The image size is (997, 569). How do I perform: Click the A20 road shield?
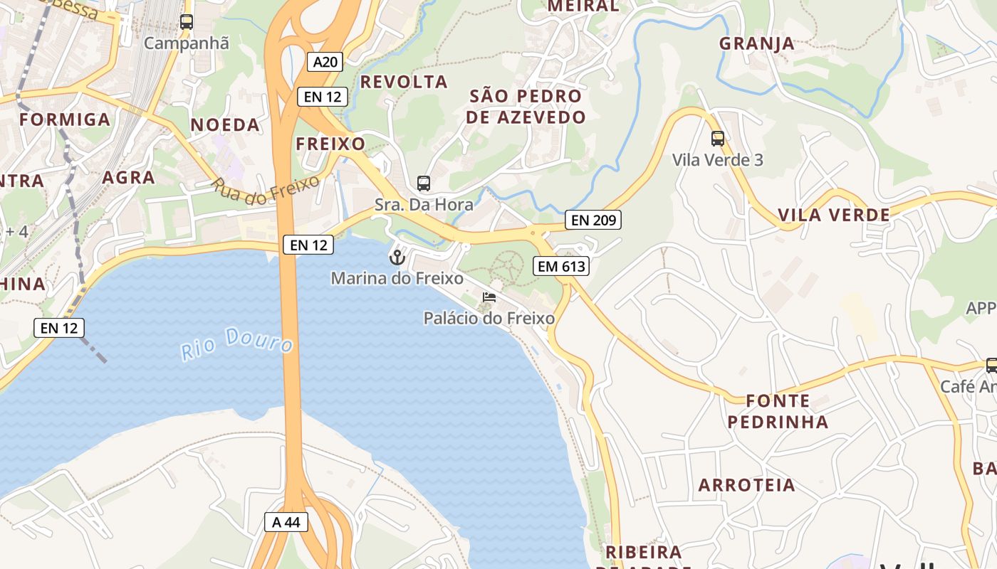pos(325,62)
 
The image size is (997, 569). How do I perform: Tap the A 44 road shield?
pos(286,521)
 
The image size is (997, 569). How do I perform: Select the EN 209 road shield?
pos(593,220)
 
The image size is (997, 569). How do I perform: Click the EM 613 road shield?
pos(561,267)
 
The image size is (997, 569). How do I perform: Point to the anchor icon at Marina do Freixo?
pos(397,257)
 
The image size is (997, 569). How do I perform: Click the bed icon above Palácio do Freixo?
pos(489,297)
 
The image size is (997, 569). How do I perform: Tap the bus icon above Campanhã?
pos(187,22)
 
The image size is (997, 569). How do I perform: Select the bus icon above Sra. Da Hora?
pos(424,184)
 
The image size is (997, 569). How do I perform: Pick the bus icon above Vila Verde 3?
pos(718,139)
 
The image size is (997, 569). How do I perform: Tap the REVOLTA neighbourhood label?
pos(404,82)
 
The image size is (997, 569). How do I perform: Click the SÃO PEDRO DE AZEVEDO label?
pos(526,107)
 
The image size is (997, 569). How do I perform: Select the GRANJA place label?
pos(756,43)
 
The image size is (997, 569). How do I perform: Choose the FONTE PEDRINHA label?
pos(778,411)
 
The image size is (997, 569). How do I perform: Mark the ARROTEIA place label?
pos(746,485)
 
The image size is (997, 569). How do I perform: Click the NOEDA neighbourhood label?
pos(225,125)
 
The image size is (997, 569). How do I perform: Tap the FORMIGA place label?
pos(65,119)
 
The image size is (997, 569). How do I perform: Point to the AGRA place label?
pos(129,177)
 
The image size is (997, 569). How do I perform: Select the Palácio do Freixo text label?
pos(489,318)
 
